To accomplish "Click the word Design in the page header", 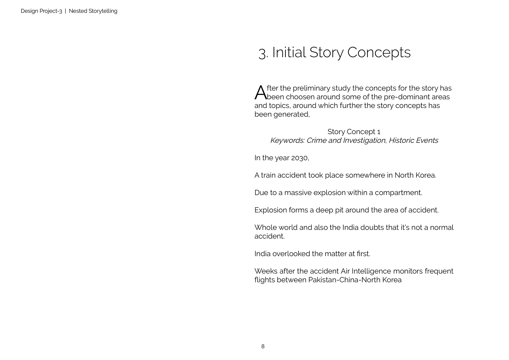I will [x=29, y=11].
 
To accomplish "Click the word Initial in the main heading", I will [x=289, y=52].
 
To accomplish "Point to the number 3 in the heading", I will [x=262, y=53].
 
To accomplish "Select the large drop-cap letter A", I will [x=260, y=93].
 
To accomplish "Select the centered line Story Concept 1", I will [x=354, y=132].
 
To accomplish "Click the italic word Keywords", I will [x=287, y=141].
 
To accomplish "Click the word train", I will [x=268, y=175].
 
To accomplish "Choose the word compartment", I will [x=398, y=193].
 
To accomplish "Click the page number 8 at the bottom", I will [x=263, y=347].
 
